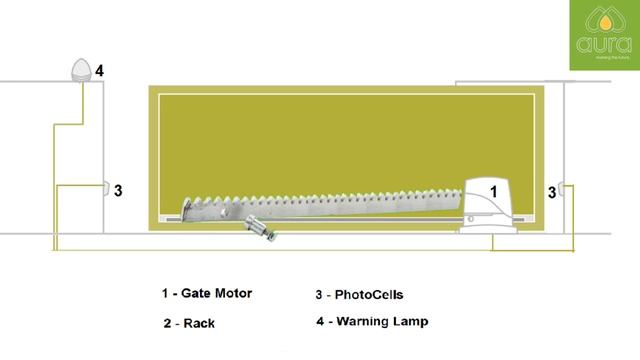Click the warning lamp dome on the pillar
coord(80,69)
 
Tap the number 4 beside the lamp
coord(99,70)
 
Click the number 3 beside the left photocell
coord(118,190)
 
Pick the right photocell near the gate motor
coord(563,189)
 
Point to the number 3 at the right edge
coord(551,190)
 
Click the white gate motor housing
coord(490,205)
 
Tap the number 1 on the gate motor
coord(492,188)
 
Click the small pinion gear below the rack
coord(262,228)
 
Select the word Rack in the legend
coord(200,323)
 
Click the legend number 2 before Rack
coord(166,323)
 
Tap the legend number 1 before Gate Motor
coord(165,294)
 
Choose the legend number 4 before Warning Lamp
coord(320,322)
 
